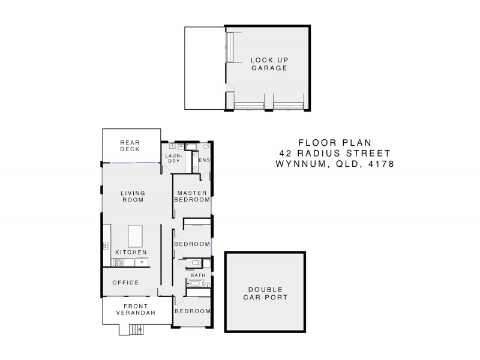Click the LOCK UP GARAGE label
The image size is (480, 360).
(268, 64)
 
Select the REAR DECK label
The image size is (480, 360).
(130, 145)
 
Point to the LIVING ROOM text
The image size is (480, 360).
(133, 196)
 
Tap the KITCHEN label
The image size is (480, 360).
(131, 253)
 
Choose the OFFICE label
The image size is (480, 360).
(125, 282)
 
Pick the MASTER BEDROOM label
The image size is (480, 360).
(192, 196)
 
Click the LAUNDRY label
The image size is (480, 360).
(174, 158)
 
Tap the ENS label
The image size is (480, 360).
(203, 160)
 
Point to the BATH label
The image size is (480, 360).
(197, 275)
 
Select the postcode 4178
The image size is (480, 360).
(380, 164)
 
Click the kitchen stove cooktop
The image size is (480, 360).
(118, 263)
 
